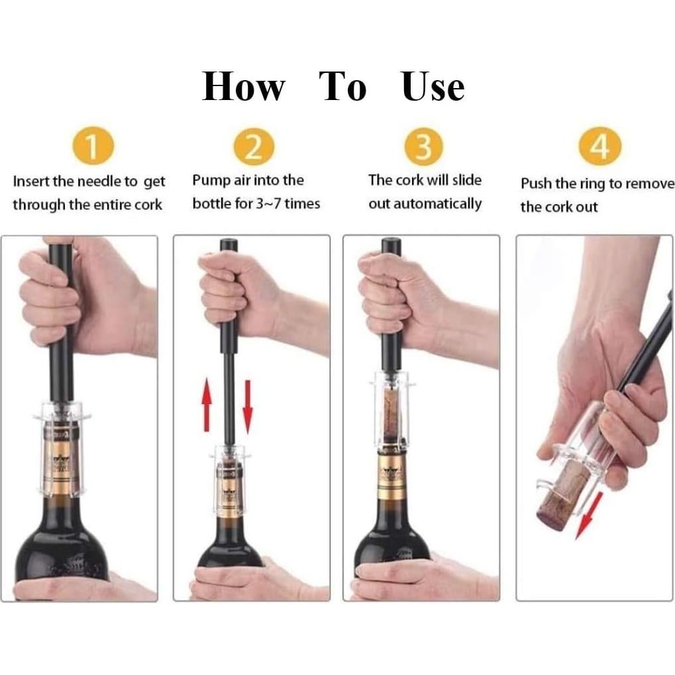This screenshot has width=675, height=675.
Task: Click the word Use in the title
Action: click(x=433, y=87)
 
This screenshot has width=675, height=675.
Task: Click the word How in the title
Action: click(x=243, y=87)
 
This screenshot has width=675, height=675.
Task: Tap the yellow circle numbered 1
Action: click(x=93, y=147)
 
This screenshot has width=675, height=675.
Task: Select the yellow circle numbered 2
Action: click(x=253, y=147)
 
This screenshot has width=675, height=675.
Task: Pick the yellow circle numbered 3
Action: click(x=424, y=147)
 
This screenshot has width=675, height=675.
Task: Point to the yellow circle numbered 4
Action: click(x=599, y=147)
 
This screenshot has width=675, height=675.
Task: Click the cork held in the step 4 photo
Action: click(x=563, y=493)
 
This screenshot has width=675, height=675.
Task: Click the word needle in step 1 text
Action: click(x=99, y=182)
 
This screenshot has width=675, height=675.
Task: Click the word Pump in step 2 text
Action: click(x=210, y=180)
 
